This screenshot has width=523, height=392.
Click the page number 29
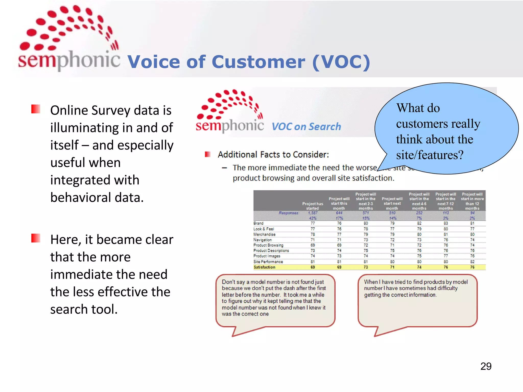pyautogui.click(x=486, y=366)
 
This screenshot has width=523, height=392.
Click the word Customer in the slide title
pyautogui.click(x=258, y=62)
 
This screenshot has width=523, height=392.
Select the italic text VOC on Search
pyautogui.click(x=306, y=127)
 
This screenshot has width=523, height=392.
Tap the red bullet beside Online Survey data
pyautogui.click(x=36, y=109)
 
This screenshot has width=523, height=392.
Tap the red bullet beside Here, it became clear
pyautogui.click(x=36, y=238)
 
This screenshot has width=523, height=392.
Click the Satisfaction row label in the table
pyautogui.click(x=264, y=267)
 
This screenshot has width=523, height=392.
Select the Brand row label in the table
pyautogui.click(x=258, y=223)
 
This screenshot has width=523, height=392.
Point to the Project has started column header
pyautogui.click(x=313, y=206)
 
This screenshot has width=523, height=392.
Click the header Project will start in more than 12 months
pyautogui.click(x=472, y=201)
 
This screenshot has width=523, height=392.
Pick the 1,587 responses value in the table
pyautogui.click(x=313, y=213)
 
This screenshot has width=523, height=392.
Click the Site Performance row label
pyautogui.click(x=268, y=262)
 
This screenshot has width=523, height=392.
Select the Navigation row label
pyautogui.click(x=263, y=240)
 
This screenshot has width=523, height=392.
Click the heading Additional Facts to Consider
pyautogui.click(x=273, y=155)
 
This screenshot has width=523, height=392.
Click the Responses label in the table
pyautogui.click(x=289, y=213)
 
